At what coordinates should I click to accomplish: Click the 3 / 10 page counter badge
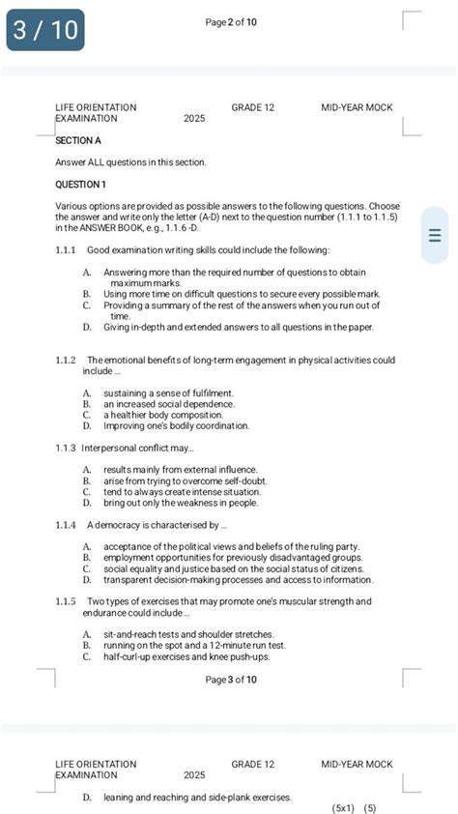point(45,30)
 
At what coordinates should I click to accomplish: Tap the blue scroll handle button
point(434,236)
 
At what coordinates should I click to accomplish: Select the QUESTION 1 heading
point(81,184)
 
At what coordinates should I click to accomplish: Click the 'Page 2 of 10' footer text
point(231,22)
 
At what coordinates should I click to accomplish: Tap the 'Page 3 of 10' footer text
point(231,680)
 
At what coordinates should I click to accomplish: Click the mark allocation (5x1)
point(343,807)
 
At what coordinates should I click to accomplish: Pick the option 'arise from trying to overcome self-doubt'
point(186,480)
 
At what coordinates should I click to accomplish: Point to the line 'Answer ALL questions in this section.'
point(130,162)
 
